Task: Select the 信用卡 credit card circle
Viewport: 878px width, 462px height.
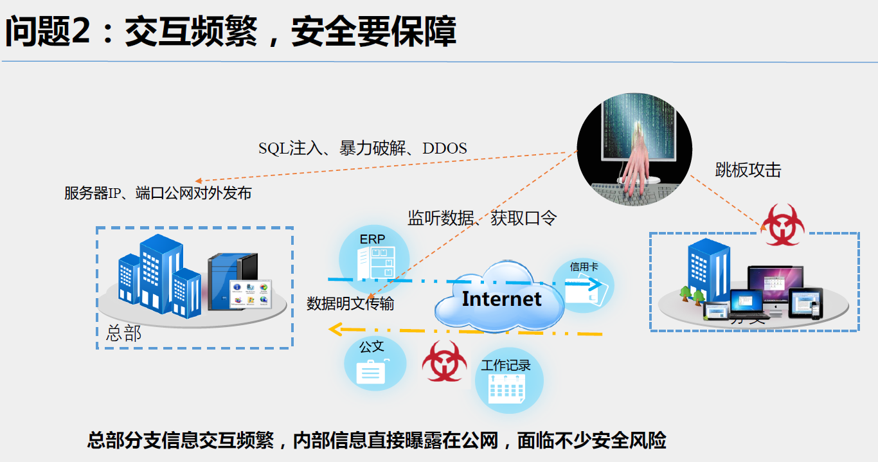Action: (x=584, y=284)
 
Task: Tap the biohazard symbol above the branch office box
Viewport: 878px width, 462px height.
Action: (x=782, y=225)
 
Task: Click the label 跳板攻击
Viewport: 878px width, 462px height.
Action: (x=748, y=170)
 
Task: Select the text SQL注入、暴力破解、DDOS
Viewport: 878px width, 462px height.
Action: (x=363, y=148)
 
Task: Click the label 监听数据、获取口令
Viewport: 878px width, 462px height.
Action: (x=482, y=218)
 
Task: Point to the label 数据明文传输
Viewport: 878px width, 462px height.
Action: (x=350, y=303)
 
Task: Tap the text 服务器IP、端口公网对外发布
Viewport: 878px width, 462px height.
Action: (x=157, y=193)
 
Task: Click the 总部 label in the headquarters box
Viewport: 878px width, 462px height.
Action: (x=123, y=334)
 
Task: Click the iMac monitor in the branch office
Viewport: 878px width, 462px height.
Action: (x=775, y=286)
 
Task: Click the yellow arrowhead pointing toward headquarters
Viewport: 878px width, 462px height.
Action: (x=334, y=330)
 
